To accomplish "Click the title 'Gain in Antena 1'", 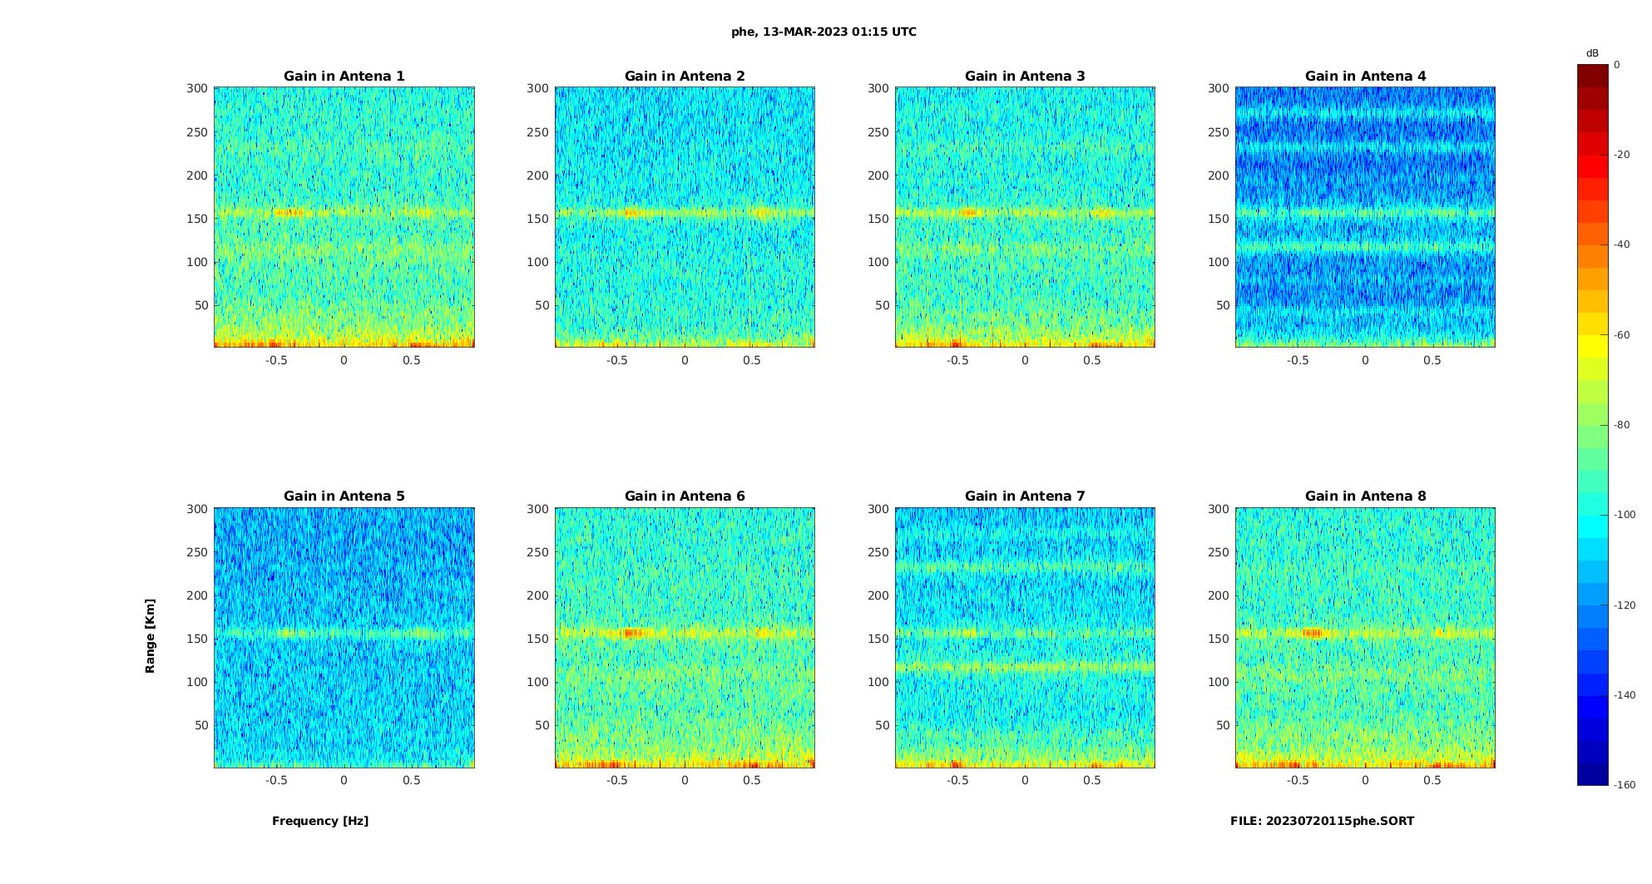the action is (344, 77).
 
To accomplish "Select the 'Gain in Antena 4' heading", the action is (1365, 77).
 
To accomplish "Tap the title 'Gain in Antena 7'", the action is (1025, 496).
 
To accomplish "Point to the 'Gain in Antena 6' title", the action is (685, 496).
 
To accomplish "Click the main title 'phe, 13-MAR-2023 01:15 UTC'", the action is (824, 32).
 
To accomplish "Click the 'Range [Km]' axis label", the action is (151, 635).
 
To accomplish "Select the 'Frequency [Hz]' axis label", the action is (320, 821).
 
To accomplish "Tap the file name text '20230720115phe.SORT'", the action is (1340, 821).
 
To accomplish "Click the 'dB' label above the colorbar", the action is (1592, 53).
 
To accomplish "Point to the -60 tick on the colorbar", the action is (1621, 335).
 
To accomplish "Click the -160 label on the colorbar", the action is (1624, 785).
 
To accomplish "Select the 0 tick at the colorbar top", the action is (1617, 65).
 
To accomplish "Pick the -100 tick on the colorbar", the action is (1624, 515).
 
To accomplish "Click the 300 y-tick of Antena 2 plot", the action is (537, 88).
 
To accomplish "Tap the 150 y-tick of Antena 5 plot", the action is (197, 639).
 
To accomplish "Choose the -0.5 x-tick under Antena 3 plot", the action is (957, 360).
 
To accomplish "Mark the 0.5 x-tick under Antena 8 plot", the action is (1432, 780).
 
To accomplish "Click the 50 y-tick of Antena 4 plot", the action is (1223, 305).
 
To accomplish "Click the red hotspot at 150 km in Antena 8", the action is (1312, 633).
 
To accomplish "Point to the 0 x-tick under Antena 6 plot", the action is (685, 780).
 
